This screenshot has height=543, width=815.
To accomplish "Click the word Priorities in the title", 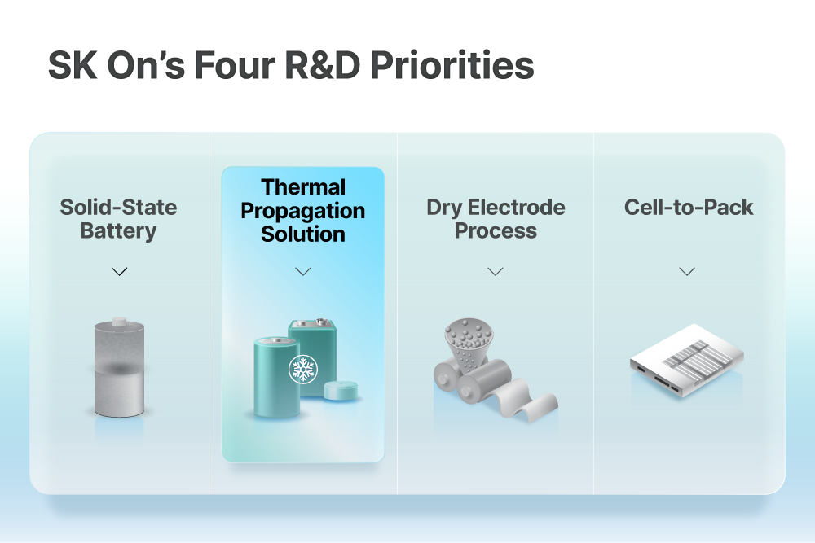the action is pyautogui.click(x=452, y=65).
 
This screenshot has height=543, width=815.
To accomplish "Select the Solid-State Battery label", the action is pyautogui.click(x=118, y=218).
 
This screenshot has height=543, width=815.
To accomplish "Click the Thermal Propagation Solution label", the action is pyautogui.click(x=303, y=210).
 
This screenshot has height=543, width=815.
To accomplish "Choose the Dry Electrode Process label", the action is pyautogui.click(x=496, y=218).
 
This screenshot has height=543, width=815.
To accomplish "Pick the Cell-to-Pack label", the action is pyautogui.click(x=688, y=207).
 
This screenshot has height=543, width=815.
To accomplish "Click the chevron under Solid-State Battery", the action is pyautogui.click(x=120, y=272).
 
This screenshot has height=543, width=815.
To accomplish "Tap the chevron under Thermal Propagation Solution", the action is pyautogui.click(x=303, y=272).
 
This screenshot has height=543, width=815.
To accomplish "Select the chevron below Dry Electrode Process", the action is pyautogui.click(x=496, y=272).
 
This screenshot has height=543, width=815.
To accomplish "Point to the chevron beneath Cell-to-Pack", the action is pyautogui.click(x=687, y=272).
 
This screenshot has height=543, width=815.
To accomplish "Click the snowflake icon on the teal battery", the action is pyautogui.click(x=303, y=369).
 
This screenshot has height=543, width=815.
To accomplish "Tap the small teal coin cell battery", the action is pyautogui.click(x=341, y=391).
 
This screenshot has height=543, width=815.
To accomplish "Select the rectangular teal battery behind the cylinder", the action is pyautogui.click(x=318, y=353).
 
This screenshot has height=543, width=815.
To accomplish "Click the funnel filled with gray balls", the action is pyautogui.click(x=469, y=343).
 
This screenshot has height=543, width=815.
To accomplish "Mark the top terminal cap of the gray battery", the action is pyautogui.click(x=120, y=322).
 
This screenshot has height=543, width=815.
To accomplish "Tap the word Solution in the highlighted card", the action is pyautogui.click(x=303, y=234).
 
